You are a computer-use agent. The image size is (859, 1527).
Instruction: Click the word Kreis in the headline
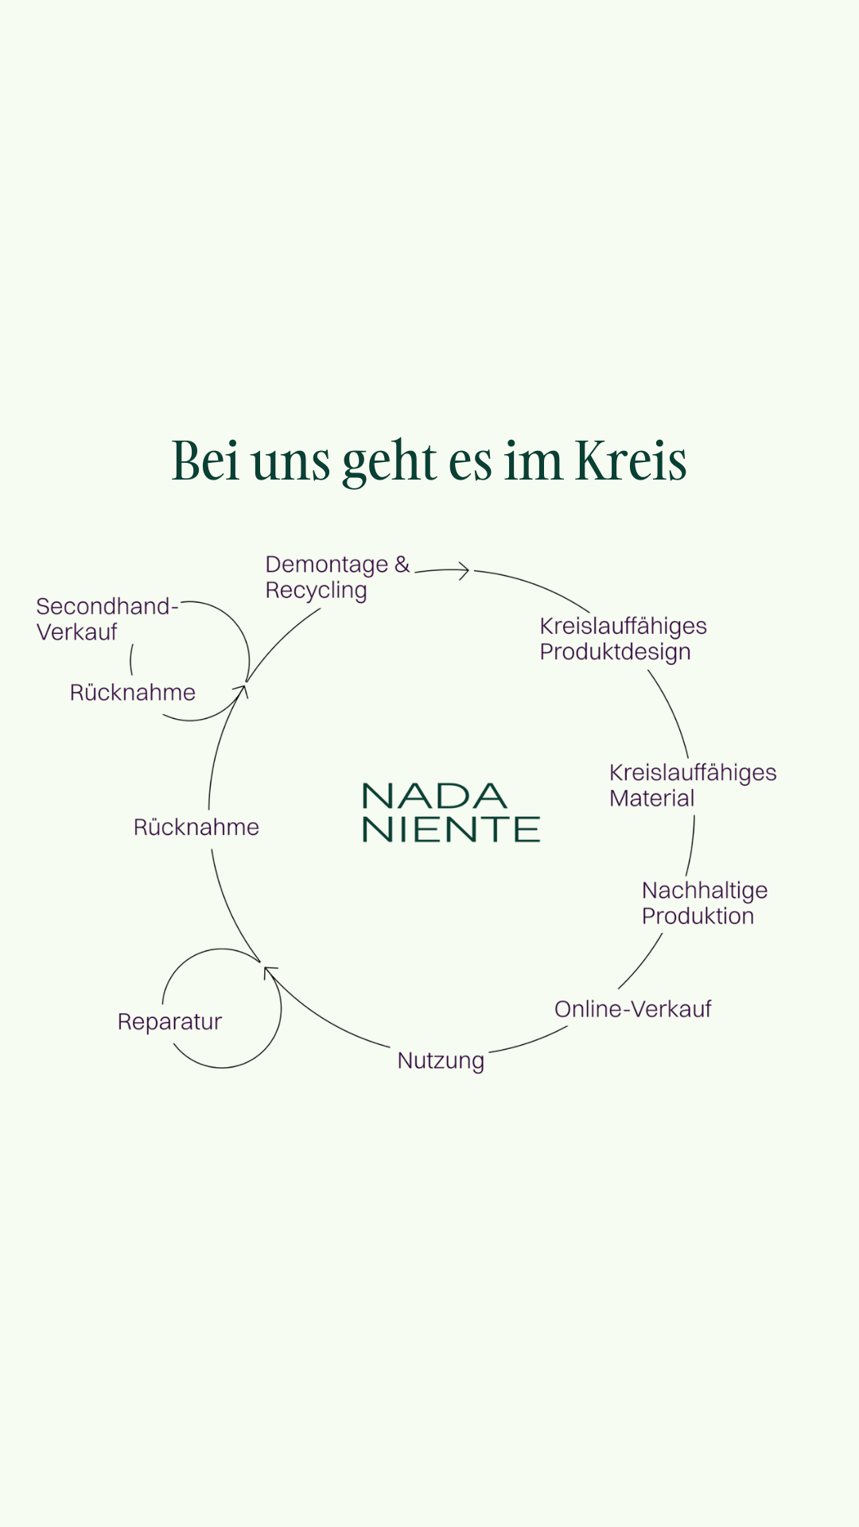click(x=631, y=461)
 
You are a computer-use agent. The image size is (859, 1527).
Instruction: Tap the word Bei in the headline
click(x=205, y=461)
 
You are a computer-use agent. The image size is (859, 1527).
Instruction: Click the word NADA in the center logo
click(x=434, y=795)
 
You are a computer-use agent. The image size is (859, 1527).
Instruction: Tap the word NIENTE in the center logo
click(x=451, y=830)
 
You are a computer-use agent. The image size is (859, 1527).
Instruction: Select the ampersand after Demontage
click(x=402, y=564)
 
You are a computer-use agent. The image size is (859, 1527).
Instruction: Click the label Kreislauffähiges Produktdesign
click(x=623, y=639)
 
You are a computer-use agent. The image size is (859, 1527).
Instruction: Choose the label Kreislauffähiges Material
click(x=692, y=785)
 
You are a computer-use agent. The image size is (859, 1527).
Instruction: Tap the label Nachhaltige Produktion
click(x=704, y=903)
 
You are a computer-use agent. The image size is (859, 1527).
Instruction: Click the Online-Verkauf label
click(x=632, y=1009)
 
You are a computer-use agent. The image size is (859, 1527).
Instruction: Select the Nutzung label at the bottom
click(x=441, y=1061)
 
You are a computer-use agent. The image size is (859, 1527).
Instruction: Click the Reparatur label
click(x=169, y=1021)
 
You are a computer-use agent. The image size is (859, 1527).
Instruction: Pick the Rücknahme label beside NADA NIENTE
click(x=196, y=827)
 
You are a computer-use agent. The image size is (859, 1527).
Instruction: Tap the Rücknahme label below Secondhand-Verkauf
click(x=132, y=693)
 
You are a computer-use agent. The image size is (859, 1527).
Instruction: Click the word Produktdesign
click(x=615, y=652)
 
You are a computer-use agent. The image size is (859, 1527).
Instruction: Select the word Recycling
click(x=316, y=591)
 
